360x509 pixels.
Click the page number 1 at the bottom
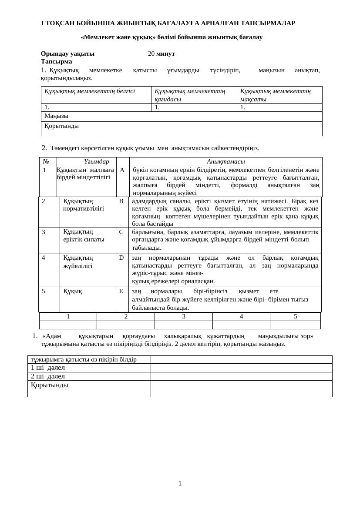coord(180,483)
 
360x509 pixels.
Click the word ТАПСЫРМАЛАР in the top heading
coord(268,23)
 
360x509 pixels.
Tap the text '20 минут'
coord(161,54)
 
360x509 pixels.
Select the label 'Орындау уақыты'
coord(67,54)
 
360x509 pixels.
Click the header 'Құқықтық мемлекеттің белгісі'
coord(90,91)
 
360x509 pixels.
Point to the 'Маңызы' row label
coord(56,116)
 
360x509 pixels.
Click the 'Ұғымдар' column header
coord(97,161)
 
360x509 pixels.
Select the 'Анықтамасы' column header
coord(225,161)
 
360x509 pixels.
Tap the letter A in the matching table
coord(122,170)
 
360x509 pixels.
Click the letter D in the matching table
coord(121,258)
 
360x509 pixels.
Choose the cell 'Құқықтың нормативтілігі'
coord(83,204)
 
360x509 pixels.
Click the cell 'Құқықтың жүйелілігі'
coord(78,261)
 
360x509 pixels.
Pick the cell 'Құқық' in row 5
coord(72,291)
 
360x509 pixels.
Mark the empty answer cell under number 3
coord(183,325)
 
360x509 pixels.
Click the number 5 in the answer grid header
coord(295,316)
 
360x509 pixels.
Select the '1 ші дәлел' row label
coord(47,368)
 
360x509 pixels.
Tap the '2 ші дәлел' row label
coord(47,376)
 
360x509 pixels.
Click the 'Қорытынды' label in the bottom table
coord(49,385)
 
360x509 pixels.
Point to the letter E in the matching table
coord(121,291)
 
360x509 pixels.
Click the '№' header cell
coord(46,161)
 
